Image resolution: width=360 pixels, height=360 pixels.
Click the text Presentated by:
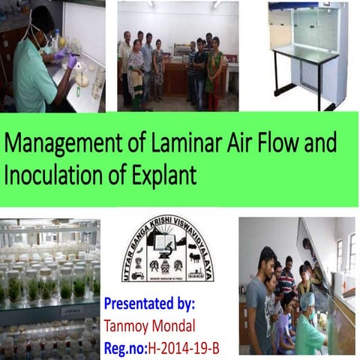click(150, 305)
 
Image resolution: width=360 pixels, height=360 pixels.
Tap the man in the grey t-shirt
click(257, 300)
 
